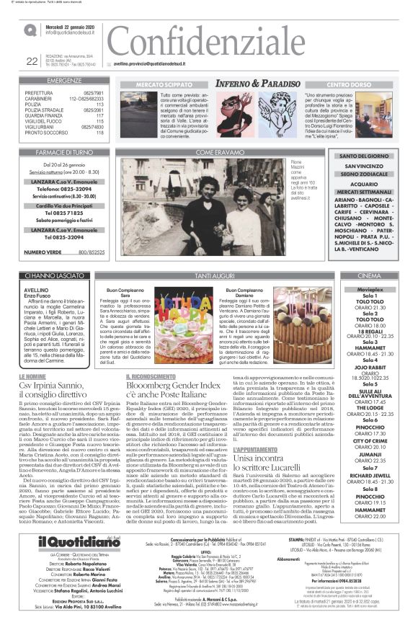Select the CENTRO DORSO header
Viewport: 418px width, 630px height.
click(347, 84)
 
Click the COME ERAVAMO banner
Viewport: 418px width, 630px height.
click(216, 153)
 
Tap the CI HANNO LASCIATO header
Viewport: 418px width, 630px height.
click(63, 275)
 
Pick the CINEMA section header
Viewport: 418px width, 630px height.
click(370, 275)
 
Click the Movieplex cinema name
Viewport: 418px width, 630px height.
click(370, 288)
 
